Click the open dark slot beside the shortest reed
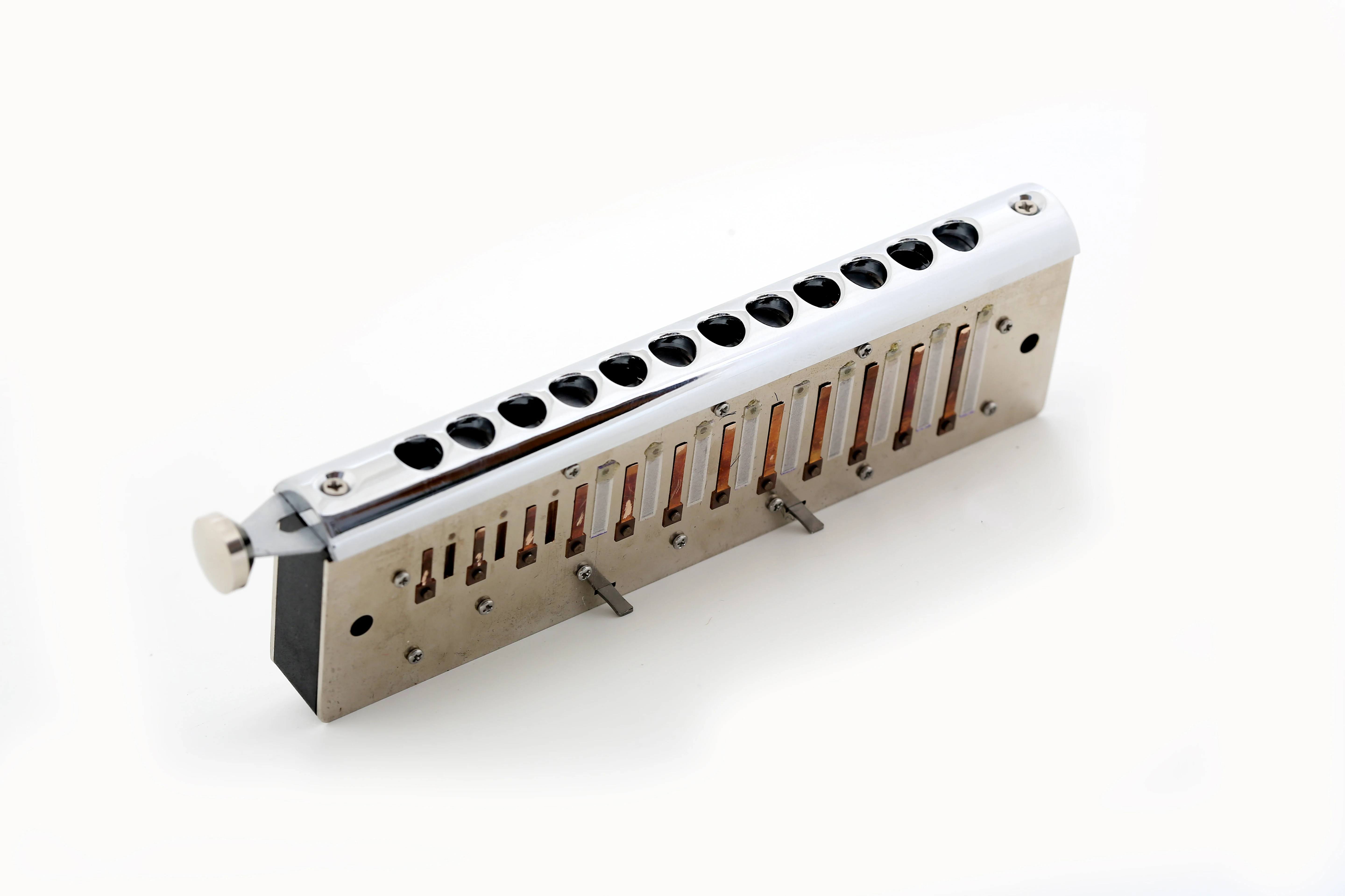tap(450, 560)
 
